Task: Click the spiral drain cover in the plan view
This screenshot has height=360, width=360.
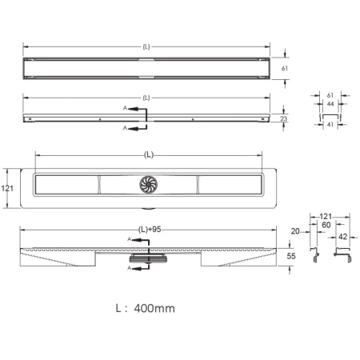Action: point(149,184)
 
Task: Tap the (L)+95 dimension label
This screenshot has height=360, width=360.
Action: point(150,230)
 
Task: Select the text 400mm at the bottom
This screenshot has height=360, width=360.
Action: point(154,308)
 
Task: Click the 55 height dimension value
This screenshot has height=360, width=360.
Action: point(291,256)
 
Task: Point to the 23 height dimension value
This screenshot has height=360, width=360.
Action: point(284,118)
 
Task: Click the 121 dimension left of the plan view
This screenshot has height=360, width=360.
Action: point(7,188)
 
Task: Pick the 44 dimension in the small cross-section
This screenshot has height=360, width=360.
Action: point(330,104)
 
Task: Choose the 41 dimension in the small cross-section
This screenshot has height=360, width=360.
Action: point(330,124)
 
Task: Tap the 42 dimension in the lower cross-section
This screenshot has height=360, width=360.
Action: point(342,237)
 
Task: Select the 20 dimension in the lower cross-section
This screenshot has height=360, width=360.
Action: point(295,231)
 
